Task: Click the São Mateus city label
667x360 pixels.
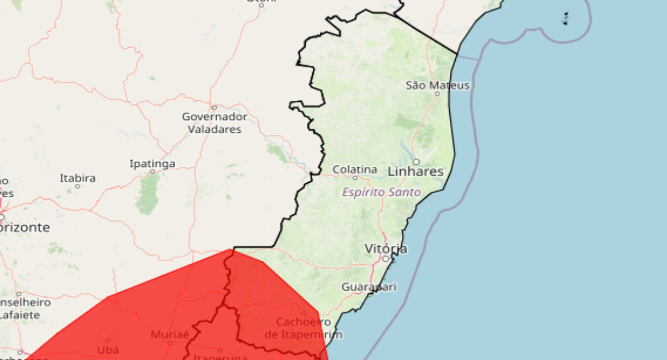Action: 438,85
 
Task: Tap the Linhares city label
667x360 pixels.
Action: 416,172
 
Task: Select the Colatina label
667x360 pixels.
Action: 355,169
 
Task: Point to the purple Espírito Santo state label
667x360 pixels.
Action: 381,192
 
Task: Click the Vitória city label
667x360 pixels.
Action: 386,249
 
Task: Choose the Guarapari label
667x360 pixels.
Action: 369,287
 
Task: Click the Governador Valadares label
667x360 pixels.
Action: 215,123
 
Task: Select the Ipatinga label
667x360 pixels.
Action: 152,164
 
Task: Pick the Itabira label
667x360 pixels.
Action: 77,178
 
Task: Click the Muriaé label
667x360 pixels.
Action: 170,334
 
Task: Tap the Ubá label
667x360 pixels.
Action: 108,350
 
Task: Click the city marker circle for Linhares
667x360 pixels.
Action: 416,162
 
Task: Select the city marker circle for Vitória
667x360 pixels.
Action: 386,259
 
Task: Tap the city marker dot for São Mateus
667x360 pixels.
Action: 437,94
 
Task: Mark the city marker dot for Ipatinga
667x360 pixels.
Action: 152,172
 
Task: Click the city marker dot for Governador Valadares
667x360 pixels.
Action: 214,107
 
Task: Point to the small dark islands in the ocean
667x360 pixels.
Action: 566,19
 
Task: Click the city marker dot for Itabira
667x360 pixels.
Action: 77,186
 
